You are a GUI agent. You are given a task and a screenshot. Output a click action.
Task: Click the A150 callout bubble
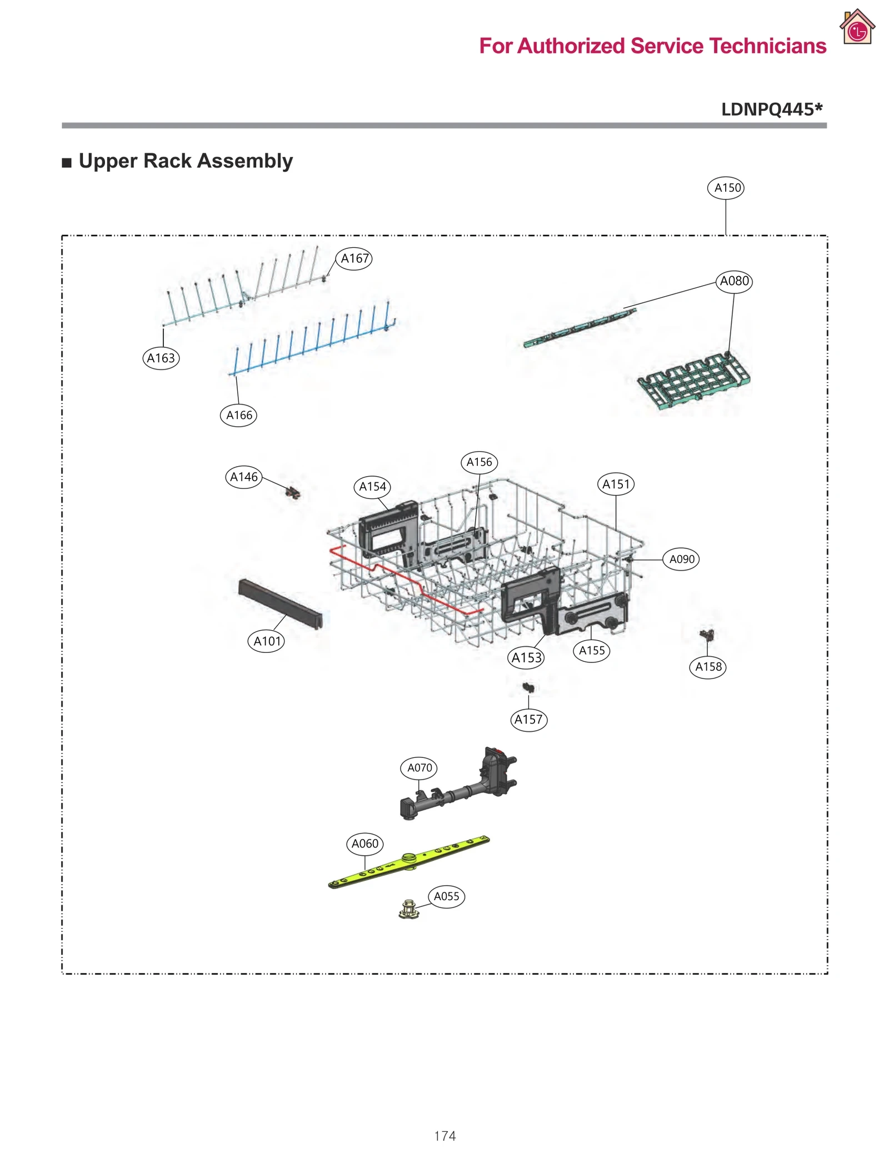point(726,188)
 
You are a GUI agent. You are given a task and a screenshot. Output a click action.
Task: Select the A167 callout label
point(354,258)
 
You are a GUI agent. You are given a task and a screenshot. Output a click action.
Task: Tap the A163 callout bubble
point(161,358)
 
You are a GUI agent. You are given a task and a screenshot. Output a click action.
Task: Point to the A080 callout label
point(733,281)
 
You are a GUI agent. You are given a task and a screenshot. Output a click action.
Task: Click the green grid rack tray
point(694,381)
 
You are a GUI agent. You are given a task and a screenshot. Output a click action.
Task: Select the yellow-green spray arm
point(408,862)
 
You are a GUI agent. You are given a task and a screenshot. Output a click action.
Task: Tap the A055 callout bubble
point(446,896)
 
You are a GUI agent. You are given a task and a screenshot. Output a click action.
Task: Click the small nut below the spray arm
point(409,909)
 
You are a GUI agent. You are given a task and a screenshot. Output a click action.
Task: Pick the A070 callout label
point(419,768)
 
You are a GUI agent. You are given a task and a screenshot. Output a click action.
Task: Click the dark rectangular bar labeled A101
point(281,603)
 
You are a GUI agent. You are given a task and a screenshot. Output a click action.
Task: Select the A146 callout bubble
point(244,477)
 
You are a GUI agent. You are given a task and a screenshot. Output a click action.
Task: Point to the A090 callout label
point(681,559)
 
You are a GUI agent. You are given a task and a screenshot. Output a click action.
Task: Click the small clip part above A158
point(707,634)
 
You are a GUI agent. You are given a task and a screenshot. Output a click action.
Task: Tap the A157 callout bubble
point(528,720)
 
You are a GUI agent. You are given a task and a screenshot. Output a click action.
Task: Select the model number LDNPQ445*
point(771,109)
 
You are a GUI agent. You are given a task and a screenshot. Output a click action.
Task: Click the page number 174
point(444,1136)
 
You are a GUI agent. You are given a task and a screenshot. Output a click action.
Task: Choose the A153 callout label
point(526,658)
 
